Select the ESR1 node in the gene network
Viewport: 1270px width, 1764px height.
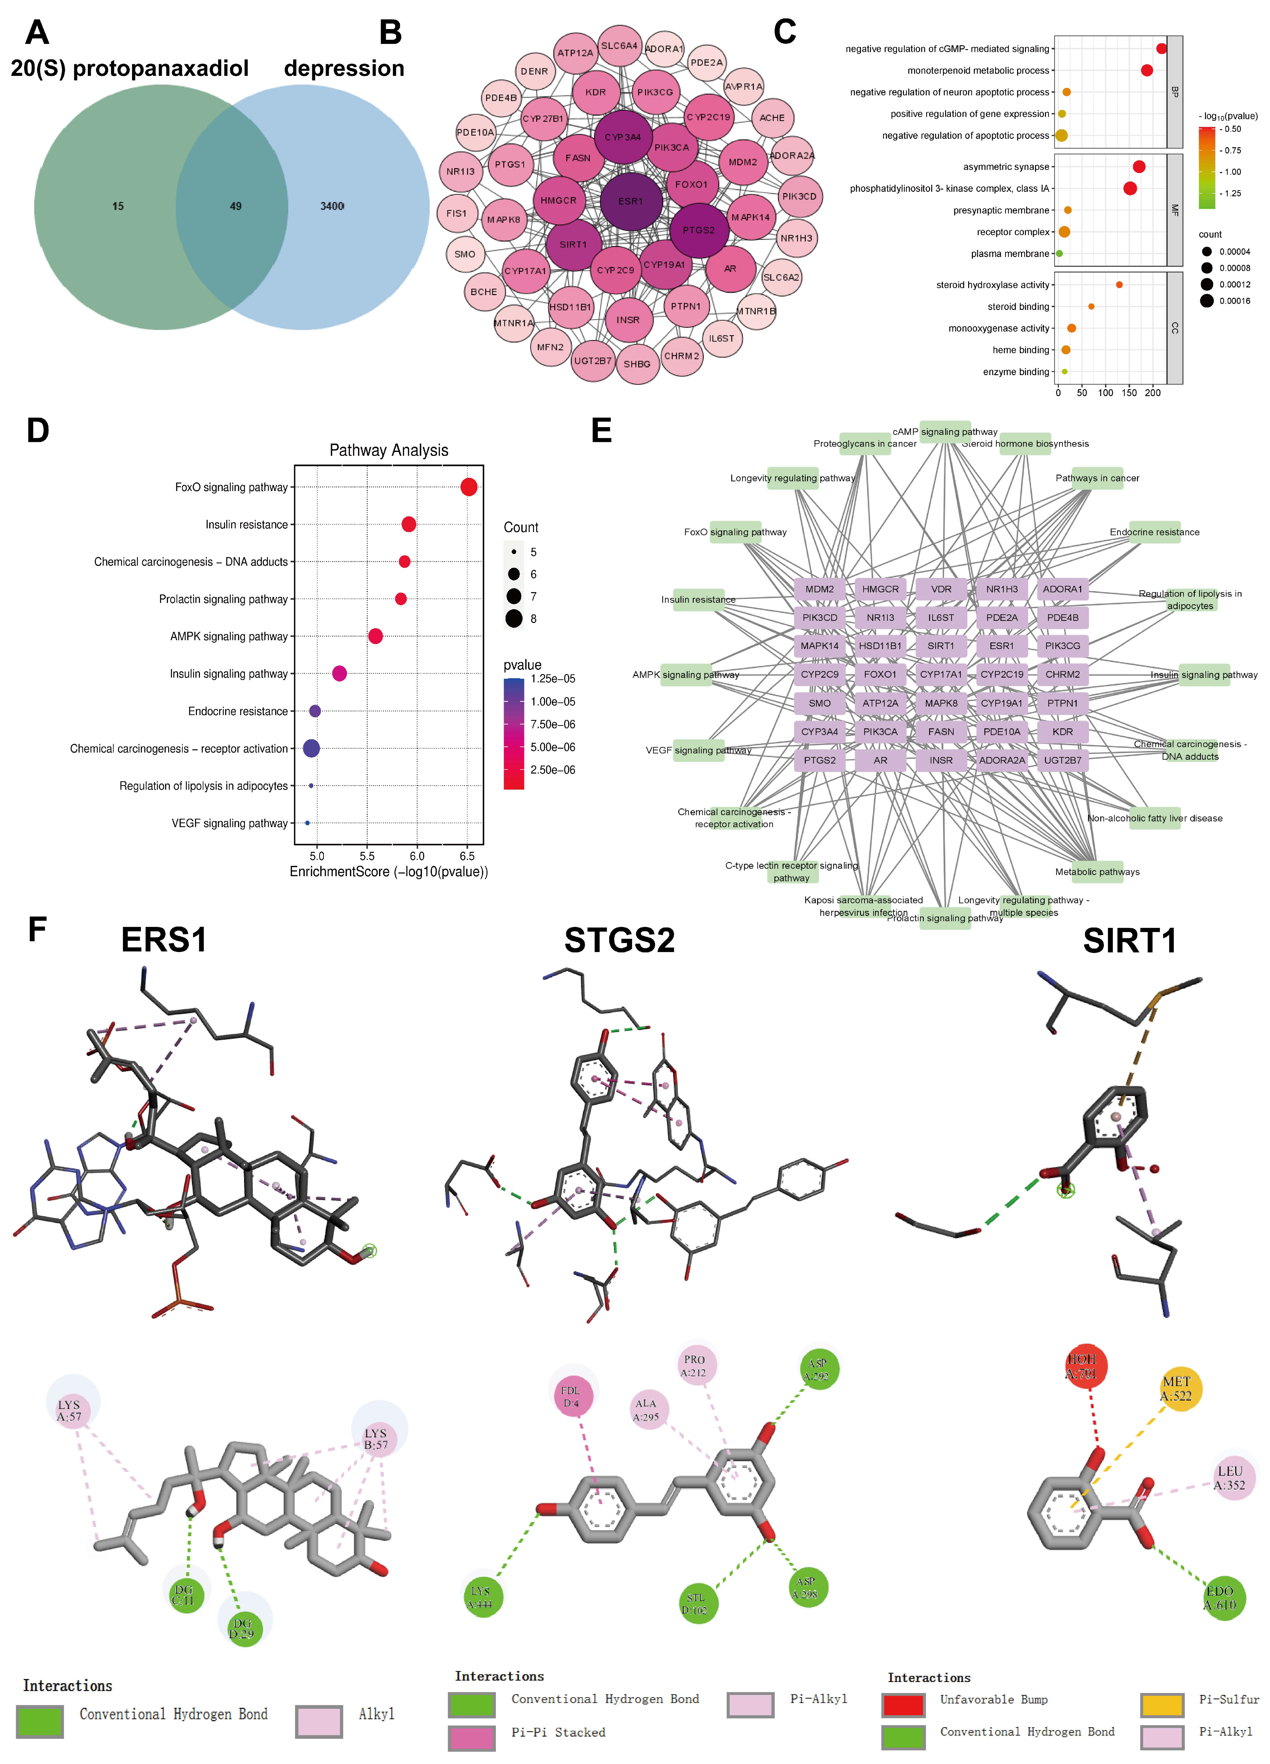click(x=631, y=201)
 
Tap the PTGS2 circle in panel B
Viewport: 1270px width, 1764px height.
click(x=698, y=230)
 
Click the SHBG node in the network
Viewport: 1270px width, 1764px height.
click(x=637, y=364)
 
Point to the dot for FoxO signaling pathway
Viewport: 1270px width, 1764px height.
click(x=468, y=487)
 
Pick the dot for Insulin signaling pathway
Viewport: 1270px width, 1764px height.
click(x=339, y=673)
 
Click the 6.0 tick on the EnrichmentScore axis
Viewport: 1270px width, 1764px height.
click(x=417, y=856)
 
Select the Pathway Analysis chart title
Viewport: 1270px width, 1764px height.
click(x=389, y=450)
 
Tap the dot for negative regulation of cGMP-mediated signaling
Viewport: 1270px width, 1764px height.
click(x=1161, y=48)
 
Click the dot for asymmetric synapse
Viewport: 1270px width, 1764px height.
click(x=1139, y=167)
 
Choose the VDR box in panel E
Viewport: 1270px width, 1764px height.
click(x=941, y=589)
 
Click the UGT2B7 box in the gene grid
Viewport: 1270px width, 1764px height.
click(x=1062, y=760)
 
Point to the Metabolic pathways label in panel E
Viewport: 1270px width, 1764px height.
click(x=1097, y=872)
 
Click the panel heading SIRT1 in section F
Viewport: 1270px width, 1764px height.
click(x=1129, y=941)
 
